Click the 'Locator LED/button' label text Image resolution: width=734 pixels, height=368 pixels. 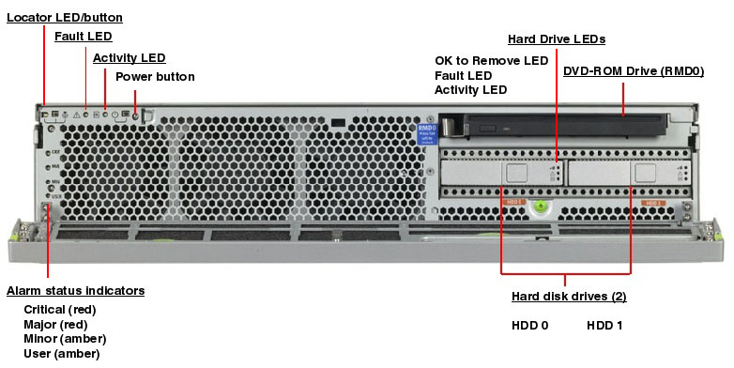[65, 18]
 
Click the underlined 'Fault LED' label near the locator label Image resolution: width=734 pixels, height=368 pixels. [83, 37]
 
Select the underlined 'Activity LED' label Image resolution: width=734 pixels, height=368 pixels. [129, 57]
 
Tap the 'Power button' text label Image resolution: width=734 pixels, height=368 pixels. [155, 76]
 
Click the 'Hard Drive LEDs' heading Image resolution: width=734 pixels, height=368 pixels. [556, 38]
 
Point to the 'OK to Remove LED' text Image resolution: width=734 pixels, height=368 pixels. [491, 60]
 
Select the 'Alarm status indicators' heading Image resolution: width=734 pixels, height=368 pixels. [75, 290]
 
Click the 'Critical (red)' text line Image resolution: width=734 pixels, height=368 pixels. [59, 309]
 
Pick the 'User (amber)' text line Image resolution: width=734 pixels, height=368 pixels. [61, 353]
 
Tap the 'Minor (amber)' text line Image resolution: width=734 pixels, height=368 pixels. [64, 338]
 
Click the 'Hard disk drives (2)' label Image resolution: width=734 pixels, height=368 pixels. [568, 296]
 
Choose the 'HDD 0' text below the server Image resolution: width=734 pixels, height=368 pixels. [529, 325]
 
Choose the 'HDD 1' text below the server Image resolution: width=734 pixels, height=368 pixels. [604, 325]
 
